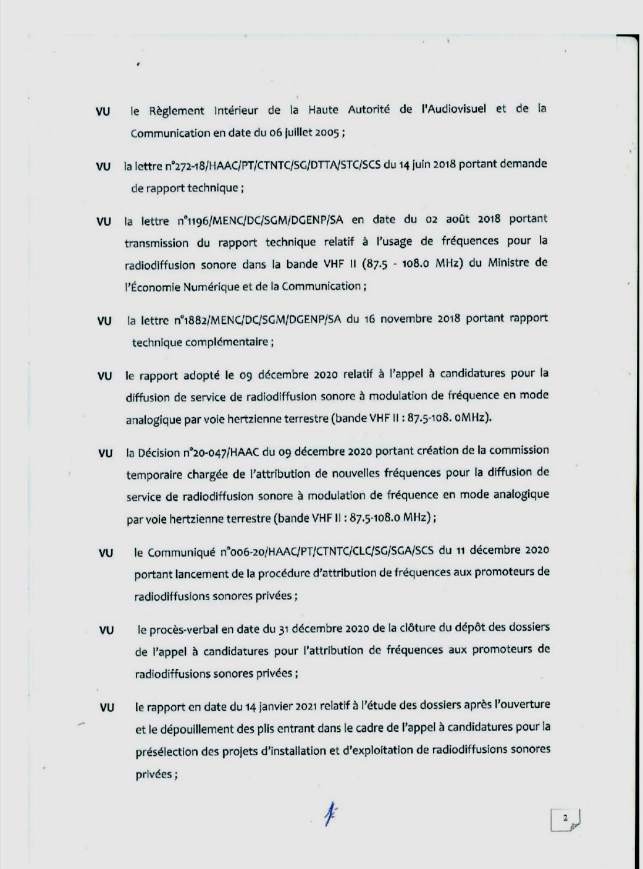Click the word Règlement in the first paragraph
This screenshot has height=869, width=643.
tap(175, 111)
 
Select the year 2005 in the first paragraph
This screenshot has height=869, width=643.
tap(327, 133)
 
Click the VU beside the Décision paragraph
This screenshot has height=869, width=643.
tap(105, 453)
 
